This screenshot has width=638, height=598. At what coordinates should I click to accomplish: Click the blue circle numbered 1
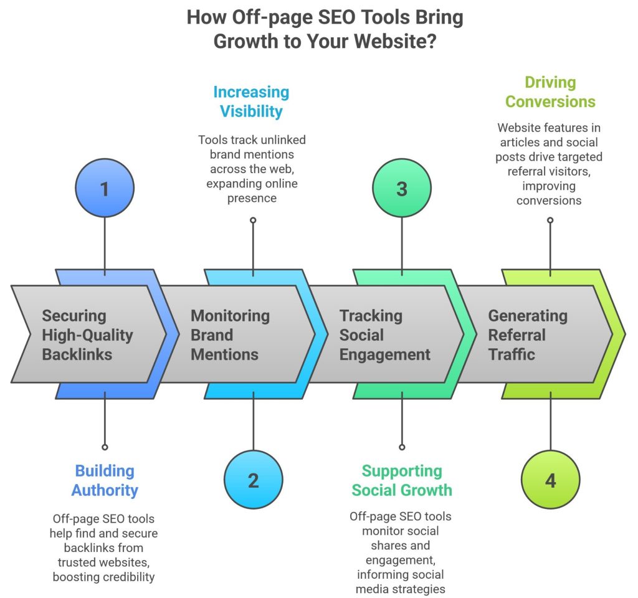pos(104,189)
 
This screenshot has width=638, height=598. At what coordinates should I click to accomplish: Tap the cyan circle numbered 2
pos(253,480)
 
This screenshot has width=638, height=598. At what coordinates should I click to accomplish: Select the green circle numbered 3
pos(402,189)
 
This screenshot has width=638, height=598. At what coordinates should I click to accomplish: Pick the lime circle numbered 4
pos(551,480)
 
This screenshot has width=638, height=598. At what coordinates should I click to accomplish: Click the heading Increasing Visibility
pos(251,102)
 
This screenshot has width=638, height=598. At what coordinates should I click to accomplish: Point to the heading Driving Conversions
pos(550,92)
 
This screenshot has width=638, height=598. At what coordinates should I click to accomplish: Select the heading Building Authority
pos(105,480)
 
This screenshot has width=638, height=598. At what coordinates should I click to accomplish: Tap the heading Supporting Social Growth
pos(402,480)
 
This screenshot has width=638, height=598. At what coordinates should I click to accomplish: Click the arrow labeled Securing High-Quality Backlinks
pos(87,335)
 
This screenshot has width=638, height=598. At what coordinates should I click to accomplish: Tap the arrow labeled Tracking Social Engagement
pos(384,335)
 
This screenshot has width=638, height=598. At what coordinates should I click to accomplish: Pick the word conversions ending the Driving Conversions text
pos(549,200)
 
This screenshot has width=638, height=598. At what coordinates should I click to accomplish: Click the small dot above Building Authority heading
pos(105,447)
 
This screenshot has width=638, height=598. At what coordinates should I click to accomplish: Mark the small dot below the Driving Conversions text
pos(550,220)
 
